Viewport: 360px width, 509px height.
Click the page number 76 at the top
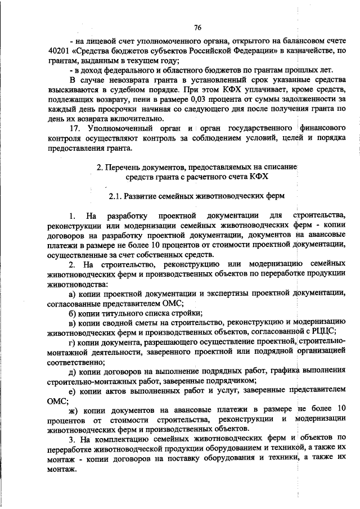(197, 28)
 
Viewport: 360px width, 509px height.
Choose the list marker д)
(72, 371)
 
